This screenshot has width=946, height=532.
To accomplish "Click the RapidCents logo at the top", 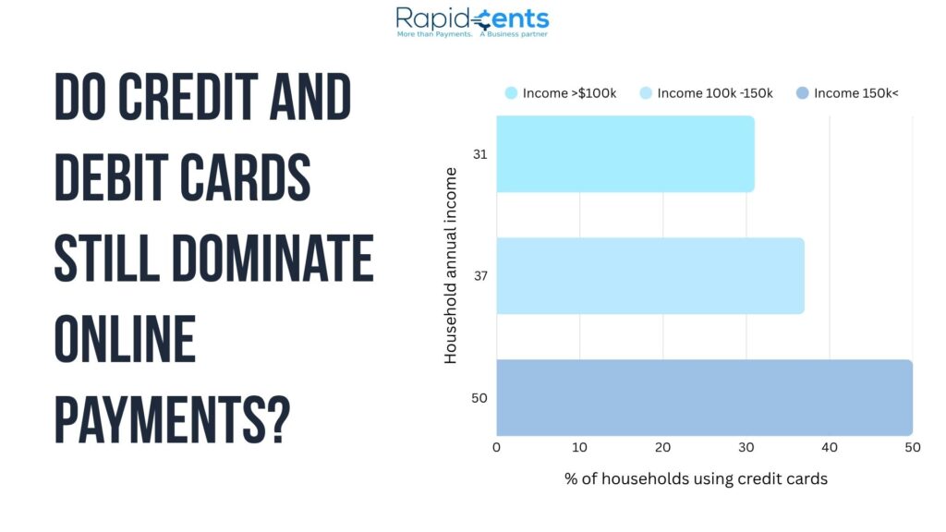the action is [472, 22].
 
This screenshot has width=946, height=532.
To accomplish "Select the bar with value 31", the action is [625, 154].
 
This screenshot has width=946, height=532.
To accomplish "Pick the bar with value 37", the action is [650, 275].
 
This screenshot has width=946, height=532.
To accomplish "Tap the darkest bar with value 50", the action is [705, 397].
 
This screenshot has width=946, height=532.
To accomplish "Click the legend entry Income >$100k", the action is [561, 93].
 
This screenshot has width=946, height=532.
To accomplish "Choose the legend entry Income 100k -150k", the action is [706, 93].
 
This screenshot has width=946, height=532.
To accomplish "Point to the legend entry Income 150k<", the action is [847, 93].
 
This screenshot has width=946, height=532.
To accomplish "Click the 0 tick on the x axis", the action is [496, 447].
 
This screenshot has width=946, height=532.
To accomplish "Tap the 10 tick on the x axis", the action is [579, 447].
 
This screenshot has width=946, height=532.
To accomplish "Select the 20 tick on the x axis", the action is [662, 447].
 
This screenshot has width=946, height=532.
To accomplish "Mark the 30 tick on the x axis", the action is [746, 447].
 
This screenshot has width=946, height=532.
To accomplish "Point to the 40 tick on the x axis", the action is [830, 447].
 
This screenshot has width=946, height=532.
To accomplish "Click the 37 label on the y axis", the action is [480, 275].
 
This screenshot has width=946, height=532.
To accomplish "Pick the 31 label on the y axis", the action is [480, 154].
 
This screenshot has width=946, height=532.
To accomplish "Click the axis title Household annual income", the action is [450, 265].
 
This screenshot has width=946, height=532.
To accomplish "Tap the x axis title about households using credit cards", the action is [697, 478].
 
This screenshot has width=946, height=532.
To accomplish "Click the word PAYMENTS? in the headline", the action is [173, 419].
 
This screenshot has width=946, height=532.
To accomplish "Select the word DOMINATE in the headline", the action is [273, 259].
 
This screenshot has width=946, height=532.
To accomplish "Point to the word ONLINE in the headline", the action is [125, 339].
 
